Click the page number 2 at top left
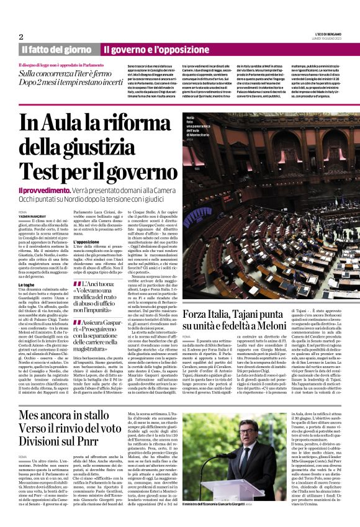20,37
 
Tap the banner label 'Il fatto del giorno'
56,49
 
